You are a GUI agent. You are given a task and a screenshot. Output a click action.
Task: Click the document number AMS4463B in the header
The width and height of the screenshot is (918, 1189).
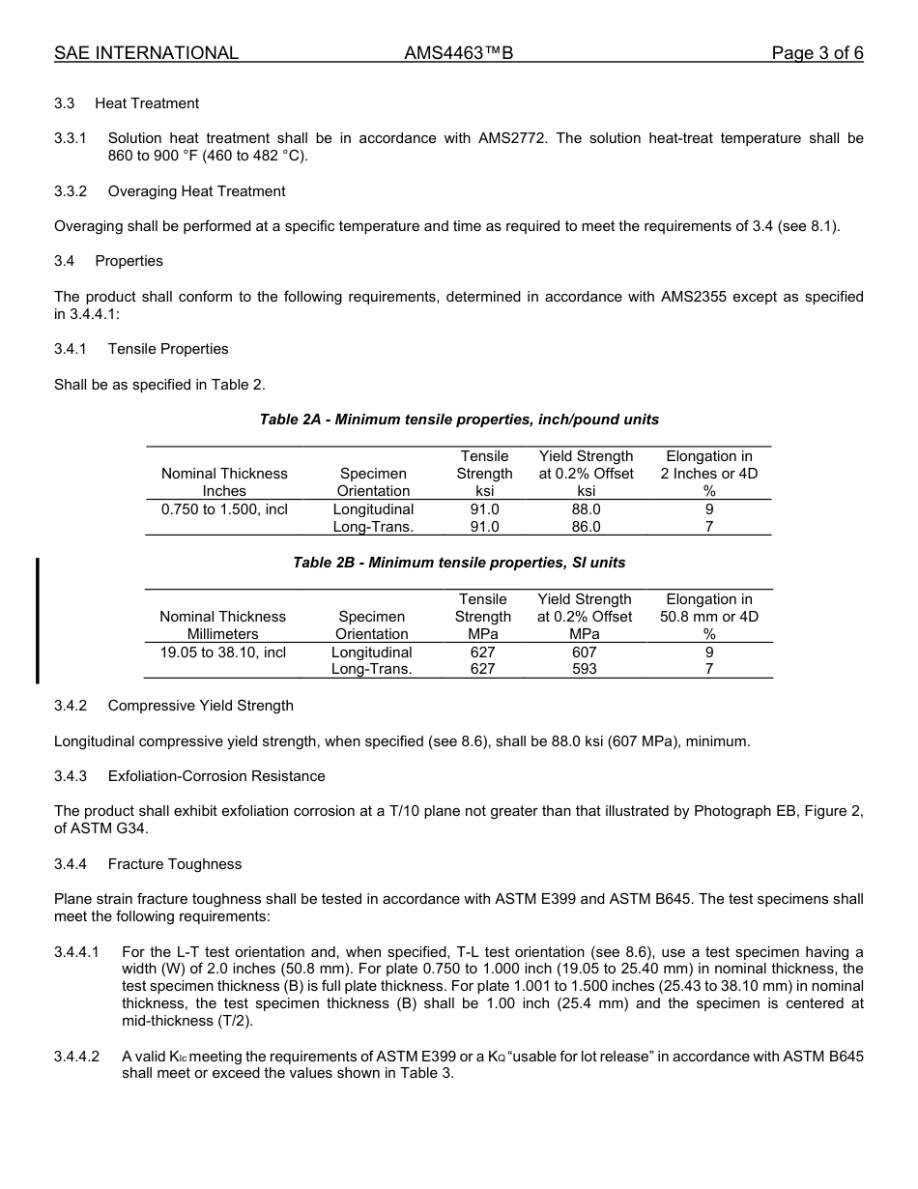point(458,53)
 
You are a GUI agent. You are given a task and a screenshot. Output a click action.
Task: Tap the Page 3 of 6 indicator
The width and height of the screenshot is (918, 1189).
point(817,53)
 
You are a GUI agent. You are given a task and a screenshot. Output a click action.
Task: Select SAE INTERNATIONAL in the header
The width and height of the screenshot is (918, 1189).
point(146,53)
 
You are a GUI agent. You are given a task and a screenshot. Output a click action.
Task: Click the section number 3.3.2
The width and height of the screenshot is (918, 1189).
point(71,191)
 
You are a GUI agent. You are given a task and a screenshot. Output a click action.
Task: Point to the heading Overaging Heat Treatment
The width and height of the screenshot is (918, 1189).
point(196,191)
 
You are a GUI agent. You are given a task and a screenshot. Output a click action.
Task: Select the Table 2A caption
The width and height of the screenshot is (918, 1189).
point(459,420)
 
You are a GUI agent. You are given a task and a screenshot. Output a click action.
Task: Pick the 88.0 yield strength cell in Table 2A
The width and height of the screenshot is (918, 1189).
point(586,509)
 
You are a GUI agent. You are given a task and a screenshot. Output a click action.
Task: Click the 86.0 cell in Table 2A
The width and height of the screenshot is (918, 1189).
point(586,527)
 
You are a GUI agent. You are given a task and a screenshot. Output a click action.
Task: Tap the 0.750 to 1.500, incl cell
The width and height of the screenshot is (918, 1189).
point(224,509)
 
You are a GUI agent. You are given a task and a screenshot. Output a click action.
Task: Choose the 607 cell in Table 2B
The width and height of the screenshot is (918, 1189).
point(584,652)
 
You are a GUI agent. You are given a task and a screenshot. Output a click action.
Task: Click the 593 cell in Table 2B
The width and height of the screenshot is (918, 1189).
point(584,669)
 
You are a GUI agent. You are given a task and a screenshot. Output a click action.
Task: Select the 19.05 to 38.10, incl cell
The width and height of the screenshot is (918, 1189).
point(223,652)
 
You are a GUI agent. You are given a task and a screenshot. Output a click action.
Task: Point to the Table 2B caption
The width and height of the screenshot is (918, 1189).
point(459,563)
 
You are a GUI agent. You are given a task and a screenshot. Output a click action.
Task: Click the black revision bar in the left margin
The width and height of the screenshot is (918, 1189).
point(38,621)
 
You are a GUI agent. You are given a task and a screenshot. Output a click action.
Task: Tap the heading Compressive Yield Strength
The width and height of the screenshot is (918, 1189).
point(200,706)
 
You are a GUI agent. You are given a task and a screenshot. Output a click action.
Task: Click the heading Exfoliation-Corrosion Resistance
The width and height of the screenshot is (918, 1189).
point(216,776)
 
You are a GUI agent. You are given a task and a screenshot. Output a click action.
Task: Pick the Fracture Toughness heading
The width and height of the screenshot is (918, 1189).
point(174,864)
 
